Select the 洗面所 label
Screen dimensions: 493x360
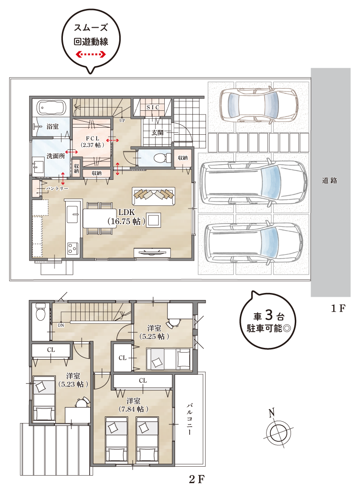tap(55, 156)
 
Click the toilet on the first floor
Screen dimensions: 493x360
tap(161, 157)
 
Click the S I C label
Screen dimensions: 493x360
tap(153, 108)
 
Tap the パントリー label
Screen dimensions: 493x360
tap(57, 188)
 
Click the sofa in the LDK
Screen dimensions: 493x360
tap(154, 194)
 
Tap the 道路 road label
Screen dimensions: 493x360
tap(329, 180)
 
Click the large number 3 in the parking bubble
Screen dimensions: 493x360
tap(269, 314)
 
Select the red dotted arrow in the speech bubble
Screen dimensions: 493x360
tap(92, 55)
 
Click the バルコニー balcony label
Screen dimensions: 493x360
tap(190, 419)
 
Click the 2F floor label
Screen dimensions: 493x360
tap(197, 479)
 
